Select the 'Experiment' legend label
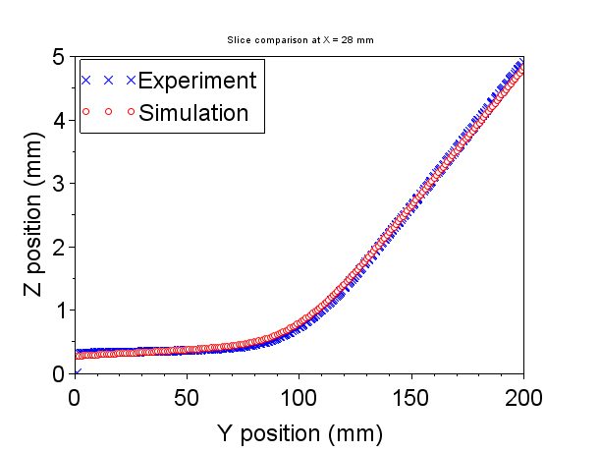(x=197, y=80)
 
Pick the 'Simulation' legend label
(x=193, y=112)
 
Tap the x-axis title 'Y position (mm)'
(x=299, y=432)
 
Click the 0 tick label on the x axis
(x=75, y=398)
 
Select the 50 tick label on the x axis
(x=187, y=398)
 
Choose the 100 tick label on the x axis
(x=299, y=398)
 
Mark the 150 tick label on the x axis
(x=410, y=398)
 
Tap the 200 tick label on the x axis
(x=523, y=398)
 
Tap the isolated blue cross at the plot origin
(x=76, y=373)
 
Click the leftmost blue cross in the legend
(x=86, y=80)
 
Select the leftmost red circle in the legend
(x=86, y=112)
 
